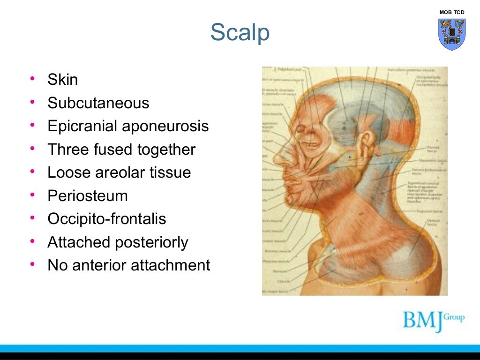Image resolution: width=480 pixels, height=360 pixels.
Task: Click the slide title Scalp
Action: tap(240, 32)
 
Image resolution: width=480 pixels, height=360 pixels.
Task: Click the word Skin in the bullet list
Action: tap(63, 80)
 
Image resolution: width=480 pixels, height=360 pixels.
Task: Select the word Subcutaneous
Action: tap(98, 103)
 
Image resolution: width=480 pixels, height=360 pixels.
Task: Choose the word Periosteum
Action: tap(88, 196)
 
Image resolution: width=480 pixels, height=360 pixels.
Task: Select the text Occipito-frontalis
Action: tap(107, 219)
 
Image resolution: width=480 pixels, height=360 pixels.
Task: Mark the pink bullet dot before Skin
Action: tap(32, 79)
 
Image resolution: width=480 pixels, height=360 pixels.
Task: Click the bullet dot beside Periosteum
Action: tap(32, 195)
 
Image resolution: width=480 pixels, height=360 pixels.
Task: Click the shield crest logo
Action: tap(452, 34)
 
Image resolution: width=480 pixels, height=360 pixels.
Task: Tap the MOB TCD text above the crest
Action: tap(452, 12)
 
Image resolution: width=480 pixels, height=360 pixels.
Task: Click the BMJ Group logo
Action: tap(433, 320)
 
